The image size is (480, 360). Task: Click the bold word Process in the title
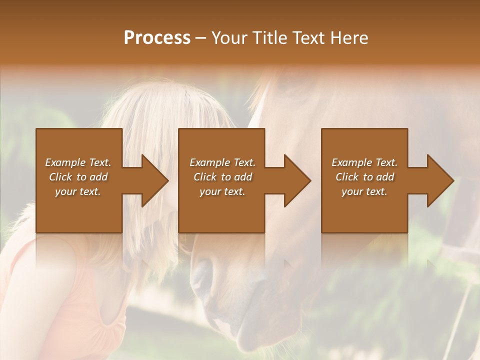click(x=157, y=38)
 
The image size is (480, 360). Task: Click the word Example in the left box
click(x=65, y=162)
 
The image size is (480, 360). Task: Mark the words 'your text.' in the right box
click(x=364, y=191)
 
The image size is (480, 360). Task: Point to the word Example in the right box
click(x=351, y=162)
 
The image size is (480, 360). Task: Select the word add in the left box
click(x=98, y=177)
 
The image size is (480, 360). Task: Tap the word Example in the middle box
click(x=209, y=162)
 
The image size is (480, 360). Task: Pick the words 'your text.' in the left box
click(x=78, y=191)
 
